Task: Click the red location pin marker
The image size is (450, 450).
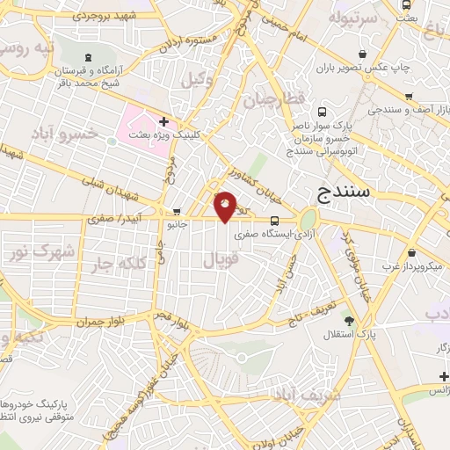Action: pyautogui.click(x=226, y=206)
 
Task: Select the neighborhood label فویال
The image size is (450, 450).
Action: pyautogui.click(x=220, y=260)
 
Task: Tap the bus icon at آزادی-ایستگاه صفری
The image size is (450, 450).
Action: pyautogui.click(x=275, y=221)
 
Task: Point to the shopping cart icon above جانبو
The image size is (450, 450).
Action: pyautogui.click(x=177, y=212)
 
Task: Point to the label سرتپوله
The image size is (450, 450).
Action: pyautogui.click(x=352, y=17)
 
